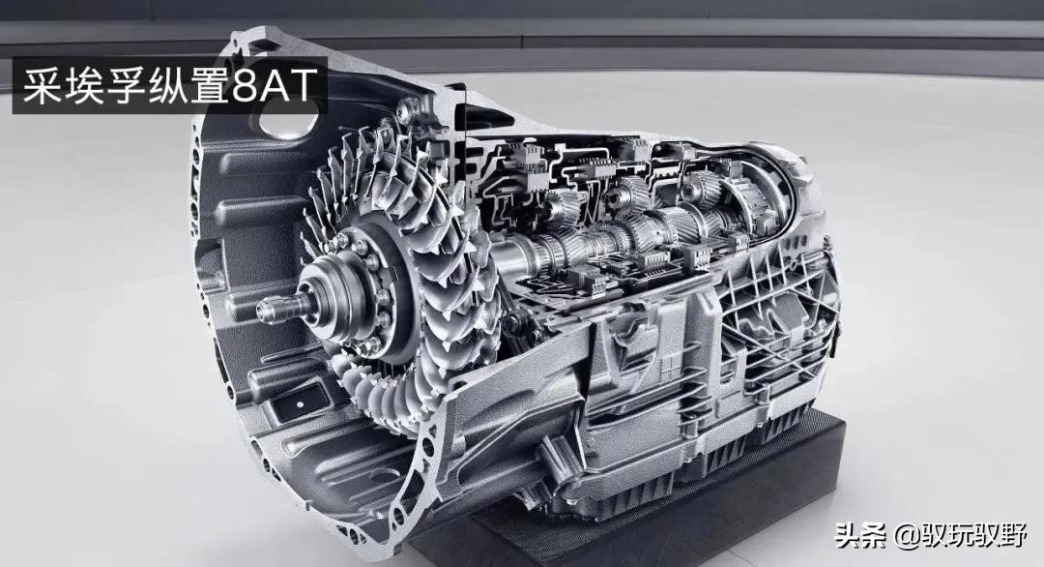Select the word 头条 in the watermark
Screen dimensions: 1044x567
click(860, 534)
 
